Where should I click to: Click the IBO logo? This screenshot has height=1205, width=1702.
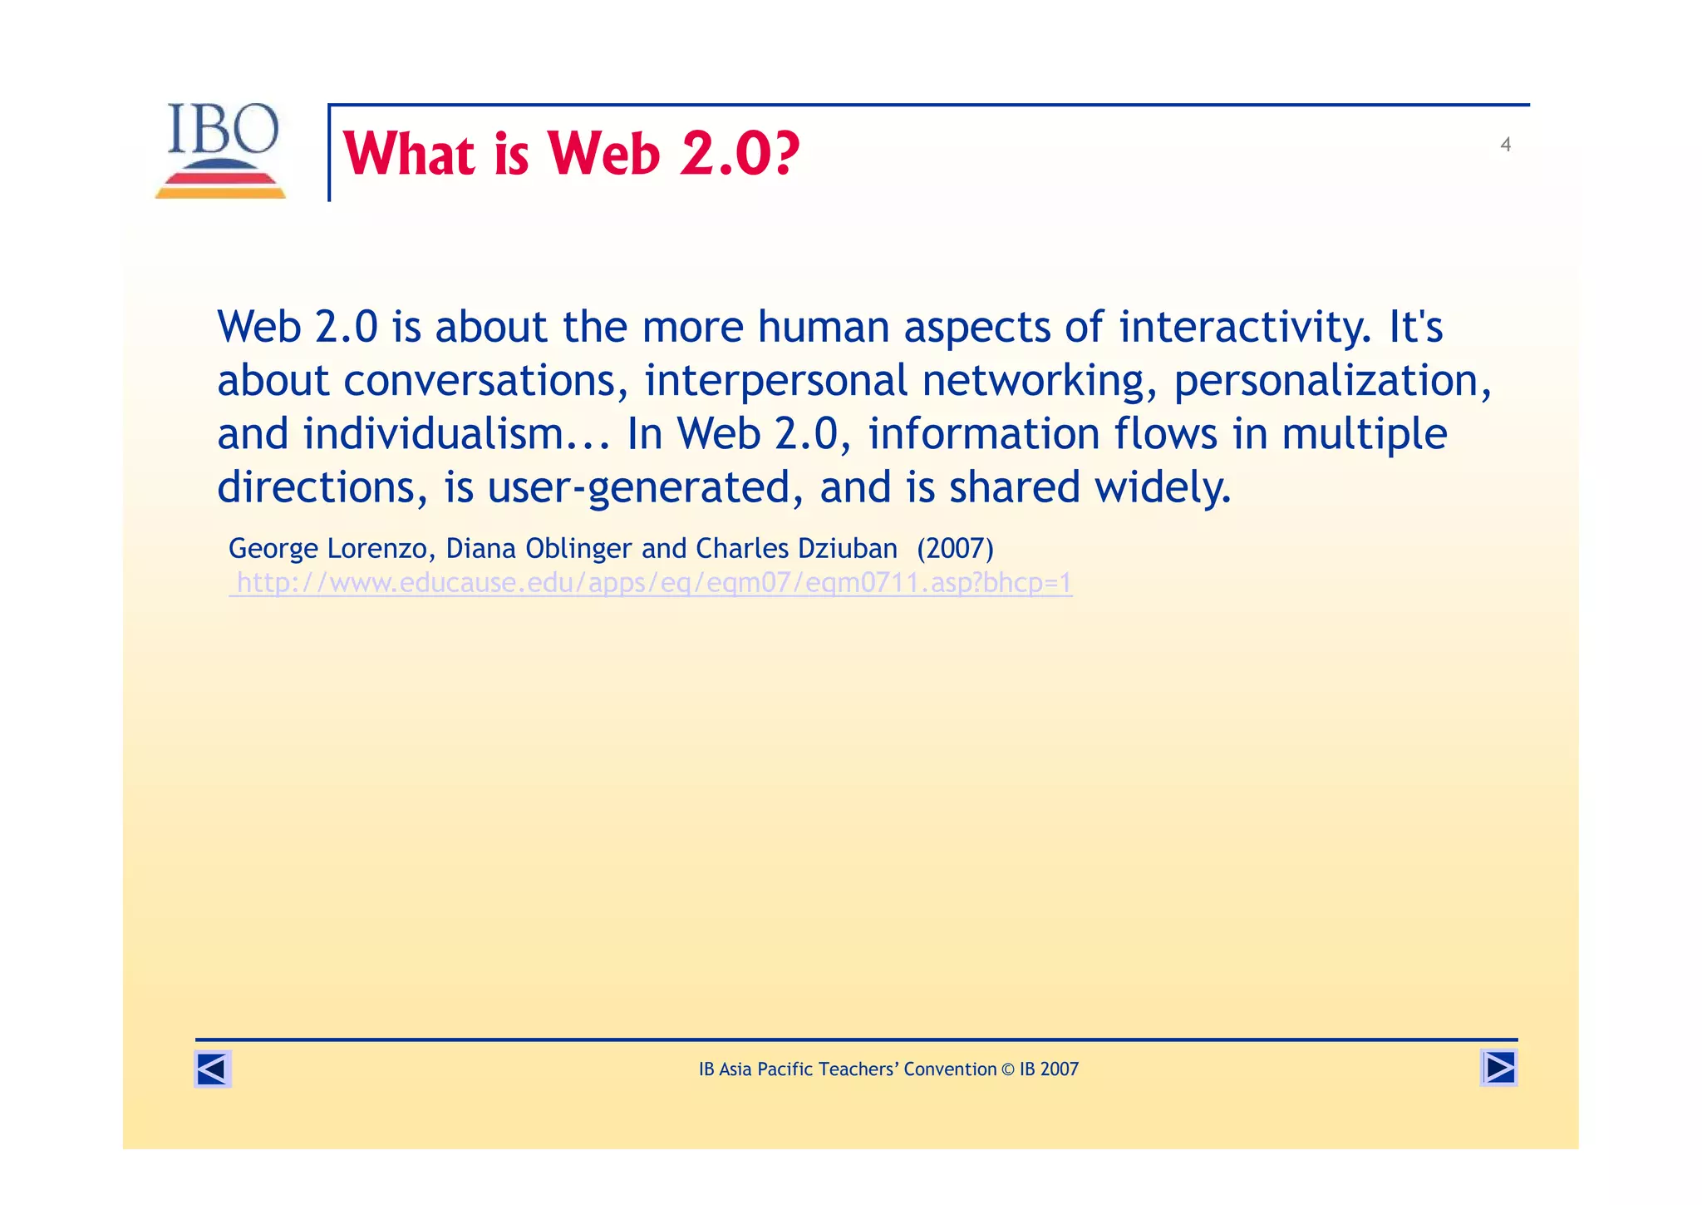[x=221, y=150]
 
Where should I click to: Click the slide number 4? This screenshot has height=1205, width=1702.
[x=1505, y=145]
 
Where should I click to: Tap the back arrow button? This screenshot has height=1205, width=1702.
[x=213, y=1069]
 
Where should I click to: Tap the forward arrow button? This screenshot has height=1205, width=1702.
[x=1498, y=1068]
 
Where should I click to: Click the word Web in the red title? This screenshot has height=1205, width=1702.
[x=603, y=155]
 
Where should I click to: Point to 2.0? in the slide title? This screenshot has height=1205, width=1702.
[x=740, y=155]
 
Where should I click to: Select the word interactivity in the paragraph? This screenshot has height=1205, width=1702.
[x=1245, y=327]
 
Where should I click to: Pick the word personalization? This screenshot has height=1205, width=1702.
[x=1326, y=381]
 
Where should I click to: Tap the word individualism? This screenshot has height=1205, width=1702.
[x=433, y=434]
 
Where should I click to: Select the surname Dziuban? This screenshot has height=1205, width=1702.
[x=847, y=549]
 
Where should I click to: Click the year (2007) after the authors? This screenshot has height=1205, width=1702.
[x=955, y=549]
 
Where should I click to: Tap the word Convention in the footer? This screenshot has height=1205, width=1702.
[x=950, y=1069]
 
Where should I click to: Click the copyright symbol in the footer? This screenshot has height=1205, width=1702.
[x=1008, y=1069]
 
